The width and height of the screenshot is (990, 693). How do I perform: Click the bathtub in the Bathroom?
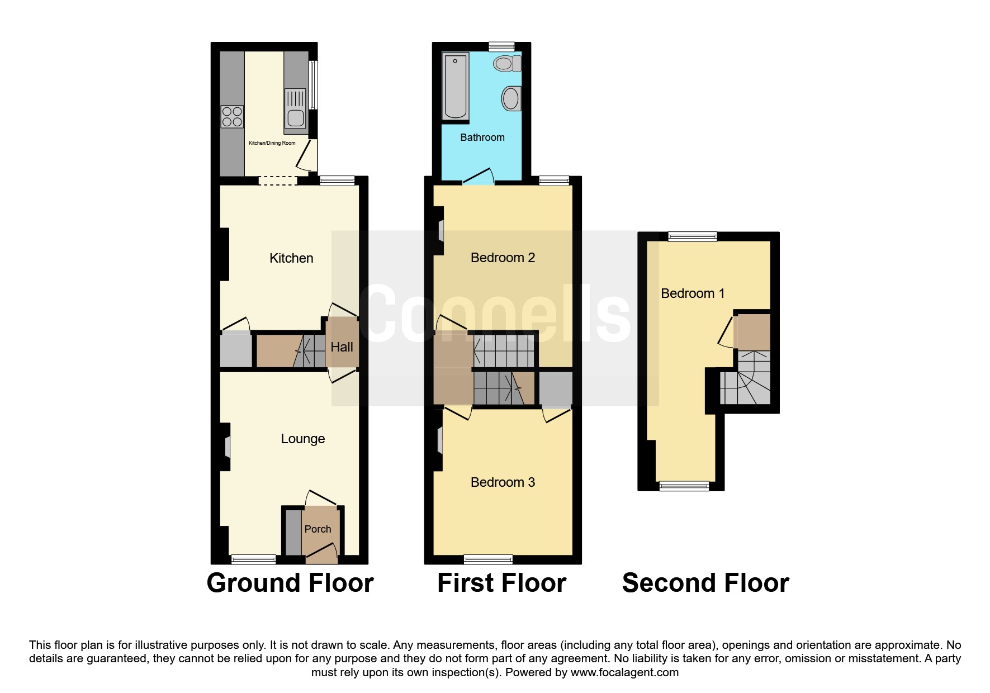pyautogui.click(x=456, y=87)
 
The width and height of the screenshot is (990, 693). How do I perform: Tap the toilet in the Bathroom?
pyautogui.click(x=507, y=64)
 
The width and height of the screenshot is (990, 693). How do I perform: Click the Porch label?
pyautogui.click(x=318, y=529)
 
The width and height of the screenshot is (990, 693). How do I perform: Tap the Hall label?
pyautogui.click(x=342, y=347)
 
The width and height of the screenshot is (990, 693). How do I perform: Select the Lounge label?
pyautogui.click(x=302, y=439)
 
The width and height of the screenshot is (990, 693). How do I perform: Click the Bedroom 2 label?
pyautogui.click(x=503, y=258)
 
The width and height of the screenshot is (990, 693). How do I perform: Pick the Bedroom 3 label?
pyautogui.click(x=503, y=482)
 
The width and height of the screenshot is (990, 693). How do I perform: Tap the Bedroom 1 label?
pyautogui.click(x=693, y=293)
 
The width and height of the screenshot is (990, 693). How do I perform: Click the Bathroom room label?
pyautogui.click(x=482, y=137)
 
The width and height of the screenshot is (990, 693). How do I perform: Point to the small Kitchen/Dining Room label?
pyautogui.click(x=272, y=143)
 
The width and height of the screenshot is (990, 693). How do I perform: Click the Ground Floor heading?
pyautogui.click(x=290, y=583)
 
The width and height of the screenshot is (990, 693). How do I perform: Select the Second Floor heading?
pyautogui.click(x=705, y=583)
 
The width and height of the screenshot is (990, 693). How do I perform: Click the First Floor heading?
pyautogui.click(x=502, y=583)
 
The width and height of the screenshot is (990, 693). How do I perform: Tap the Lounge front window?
pyautogui.click(x=254, y=559)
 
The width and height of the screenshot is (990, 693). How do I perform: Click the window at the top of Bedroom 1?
pyautogui.click(x=693, y=236)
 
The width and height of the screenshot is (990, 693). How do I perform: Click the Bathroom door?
pyautogui.click(x=479, y=177)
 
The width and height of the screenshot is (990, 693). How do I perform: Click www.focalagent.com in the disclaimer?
pyautogui.click(x=624, y=672)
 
